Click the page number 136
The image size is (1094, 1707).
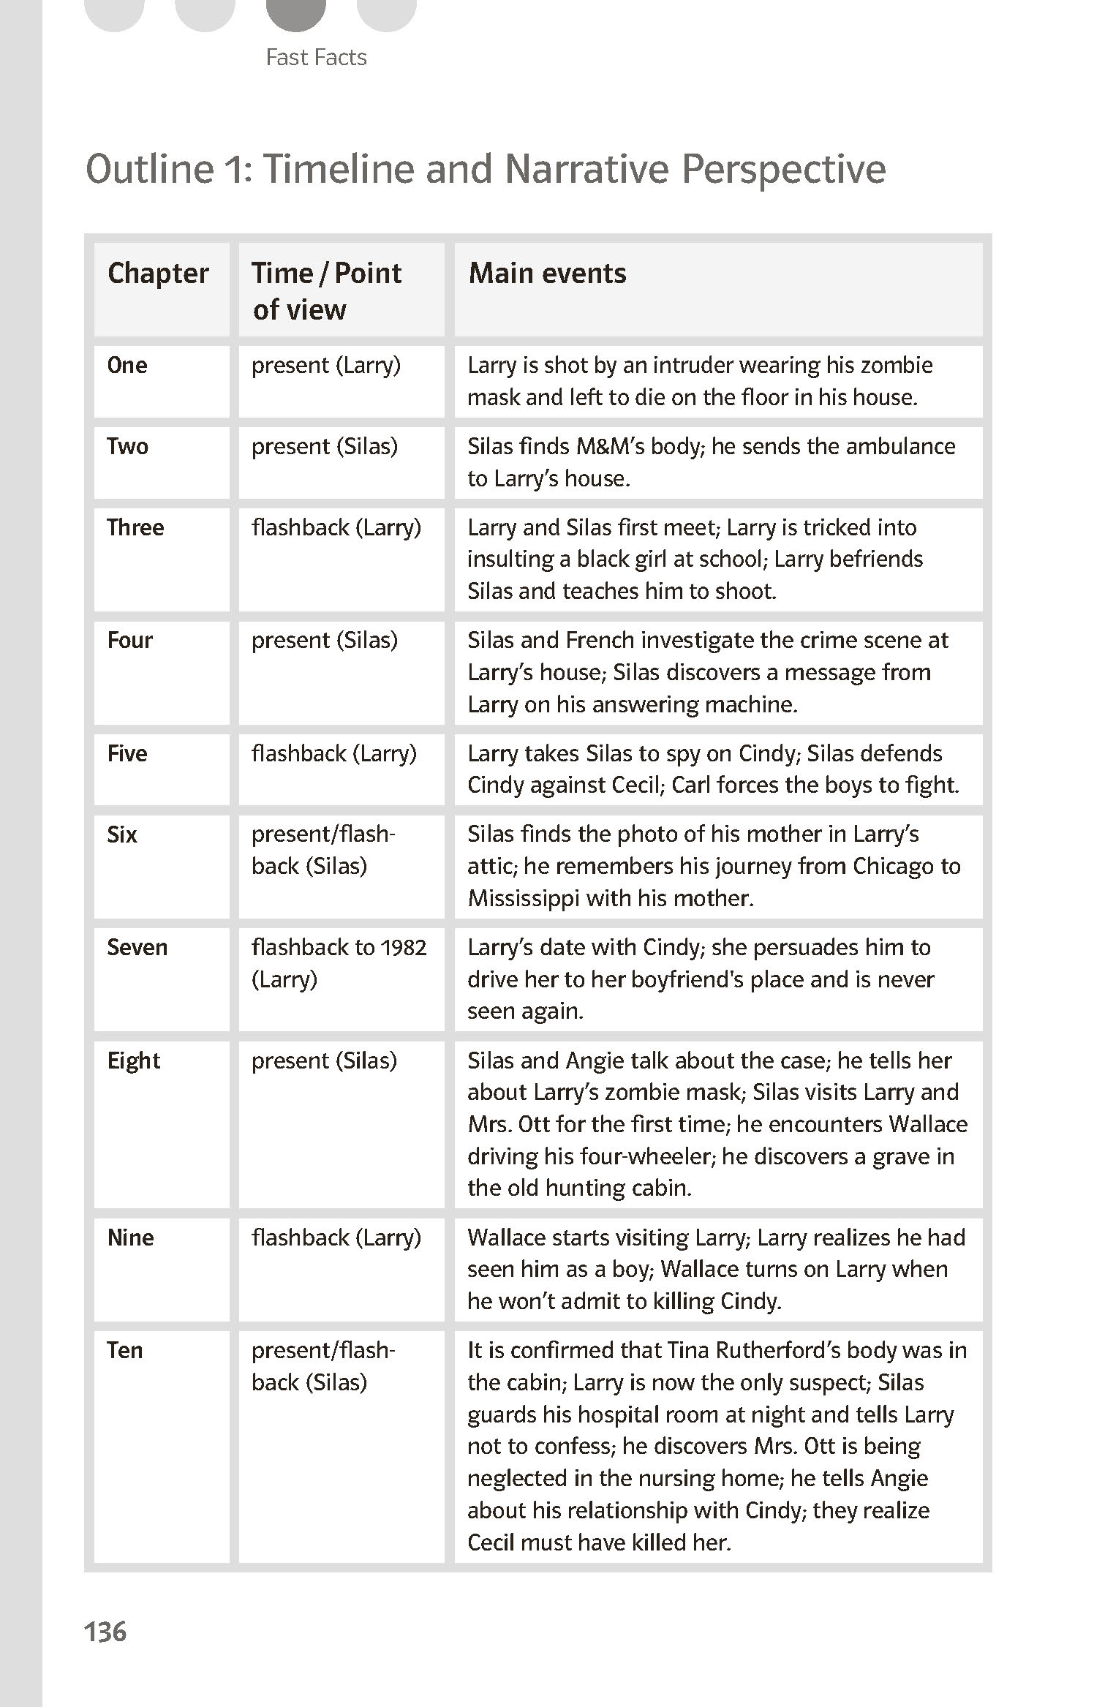click(106, 1632)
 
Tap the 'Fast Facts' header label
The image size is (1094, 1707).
click(316, 57)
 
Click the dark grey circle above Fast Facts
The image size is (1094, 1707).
click(295, 13)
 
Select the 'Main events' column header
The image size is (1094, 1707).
click(547, 274)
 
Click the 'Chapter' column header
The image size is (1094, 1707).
click(158, 274)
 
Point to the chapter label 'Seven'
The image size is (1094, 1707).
click(137, 947)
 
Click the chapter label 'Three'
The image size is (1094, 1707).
click(135, 527)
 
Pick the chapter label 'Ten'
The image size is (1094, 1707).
click(125, 1350)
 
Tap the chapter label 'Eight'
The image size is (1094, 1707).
click(134, 1060)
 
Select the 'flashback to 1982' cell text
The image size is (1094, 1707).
click(339, 947)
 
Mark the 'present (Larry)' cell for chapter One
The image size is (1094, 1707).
click(326, 365)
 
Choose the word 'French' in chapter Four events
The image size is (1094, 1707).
click(600, 640)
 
